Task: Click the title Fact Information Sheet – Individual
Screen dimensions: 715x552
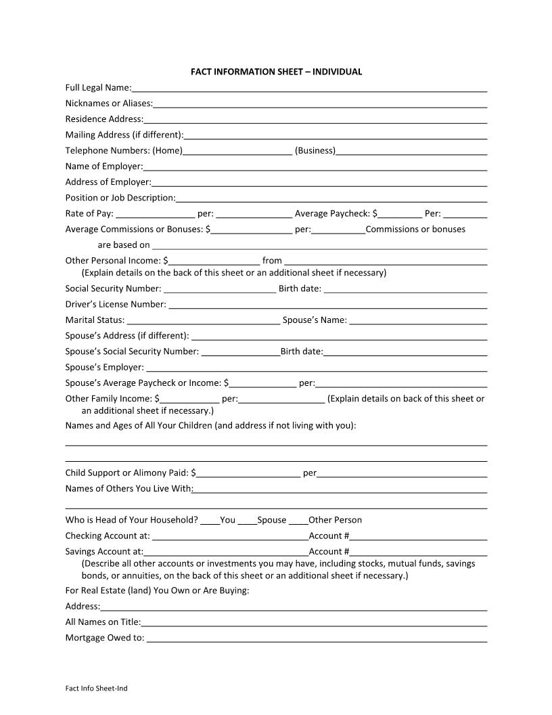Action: click(276, 71)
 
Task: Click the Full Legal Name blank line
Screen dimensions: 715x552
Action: click(310, 88)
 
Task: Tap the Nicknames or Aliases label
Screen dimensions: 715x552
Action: click(108, 104)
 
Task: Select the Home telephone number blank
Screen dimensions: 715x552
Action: click(237, 151)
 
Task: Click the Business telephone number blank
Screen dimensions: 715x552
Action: click(411, 151)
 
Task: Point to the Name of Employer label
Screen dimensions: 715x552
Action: click(103, 166)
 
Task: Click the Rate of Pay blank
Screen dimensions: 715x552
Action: click(156, 214)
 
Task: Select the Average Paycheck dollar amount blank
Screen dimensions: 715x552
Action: click(400, 214)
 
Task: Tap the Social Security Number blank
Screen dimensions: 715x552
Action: click(220, 289)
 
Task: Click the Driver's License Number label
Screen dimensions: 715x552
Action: click(115, 305)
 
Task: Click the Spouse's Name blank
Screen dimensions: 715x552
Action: click(418, 320)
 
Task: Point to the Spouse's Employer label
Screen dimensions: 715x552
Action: click(104, 368)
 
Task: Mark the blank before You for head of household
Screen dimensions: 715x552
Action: click(210, 521)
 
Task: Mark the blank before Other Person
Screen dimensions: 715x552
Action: click(298, 521)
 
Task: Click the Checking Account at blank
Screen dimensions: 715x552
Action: click(230, 536)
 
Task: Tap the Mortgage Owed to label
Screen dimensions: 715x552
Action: click(104, 638)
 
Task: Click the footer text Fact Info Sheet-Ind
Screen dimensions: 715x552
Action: click(96, 689)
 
